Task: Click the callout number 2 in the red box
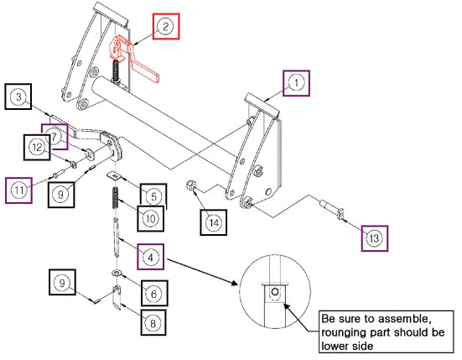point(165,26)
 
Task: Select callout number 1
point(296,83)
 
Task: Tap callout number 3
point(18,97)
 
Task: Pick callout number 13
point(374,238)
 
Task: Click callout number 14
point(214,222)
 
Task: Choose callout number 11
point(18,190)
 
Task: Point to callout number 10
point(151,219)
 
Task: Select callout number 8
point(153,323)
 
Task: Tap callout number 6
point(154,294)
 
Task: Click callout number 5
point(153,196)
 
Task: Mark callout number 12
point(37,147)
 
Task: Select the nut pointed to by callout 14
point(190,186)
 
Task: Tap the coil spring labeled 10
point(116,197)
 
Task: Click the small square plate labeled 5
point(114,175)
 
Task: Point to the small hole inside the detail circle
point(275,292)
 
